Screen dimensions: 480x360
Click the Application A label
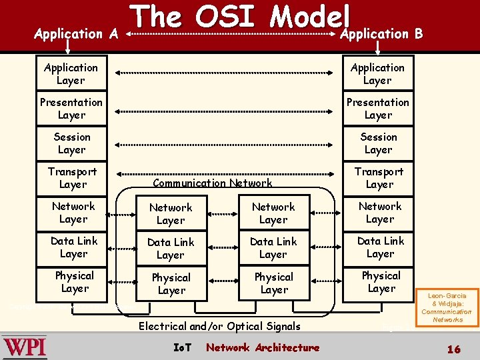pyautogui.click(x=76, y=33)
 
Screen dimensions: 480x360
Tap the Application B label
pyautogui.click(x=381, y=33)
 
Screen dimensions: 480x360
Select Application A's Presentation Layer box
pyautogui.click(x=71, y=109)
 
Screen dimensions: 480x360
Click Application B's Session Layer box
pyautogui.click(x=378, y=143)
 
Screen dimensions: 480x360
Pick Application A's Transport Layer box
pyautogui.click(x=72, y=178)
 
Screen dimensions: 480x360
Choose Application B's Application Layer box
pyautogui.click(x=377, y=74)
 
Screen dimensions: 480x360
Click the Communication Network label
pyautogui.click(x=213, y=183)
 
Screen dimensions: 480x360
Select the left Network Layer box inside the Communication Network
pyautogui.click(x=171, y=214)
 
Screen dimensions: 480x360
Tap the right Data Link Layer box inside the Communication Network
pyautogui.click(x=273, y=248)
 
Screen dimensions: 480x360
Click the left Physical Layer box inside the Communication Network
pyautogui.click(x=171, y=283)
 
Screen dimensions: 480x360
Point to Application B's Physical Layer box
pyautogui.click(x=381, y=282)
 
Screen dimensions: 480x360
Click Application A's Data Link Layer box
pyautogui.click(x=73, y=247)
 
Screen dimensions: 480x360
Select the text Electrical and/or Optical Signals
pyautogui.click(x=219, y=326)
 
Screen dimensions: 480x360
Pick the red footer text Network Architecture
pyautogui.click(x=263, y=347)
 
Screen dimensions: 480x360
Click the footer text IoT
pyautogui.click(x=181, y=347)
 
